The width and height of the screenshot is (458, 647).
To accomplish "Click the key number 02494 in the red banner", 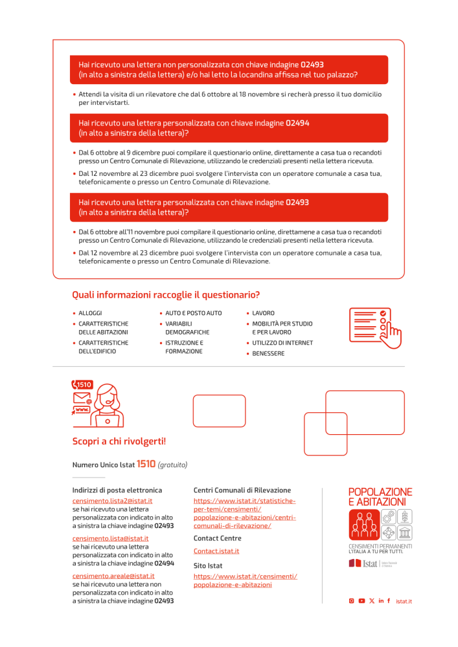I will click(297, 123).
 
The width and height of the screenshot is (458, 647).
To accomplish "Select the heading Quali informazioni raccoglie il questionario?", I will click(166, 295).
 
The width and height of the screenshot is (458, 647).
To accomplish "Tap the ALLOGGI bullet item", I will click(90, 313).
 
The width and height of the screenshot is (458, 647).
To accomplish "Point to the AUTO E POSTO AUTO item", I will click(193, 313).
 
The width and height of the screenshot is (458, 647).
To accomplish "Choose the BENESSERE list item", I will click(268, 354).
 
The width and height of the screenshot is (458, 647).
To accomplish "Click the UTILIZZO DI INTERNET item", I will click(282, 343).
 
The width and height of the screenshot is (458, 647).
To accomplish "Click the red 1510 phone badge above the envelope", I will click(83, 385).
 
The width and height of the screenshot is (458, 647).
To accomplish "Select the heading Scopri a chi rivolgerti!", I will click(119, 441).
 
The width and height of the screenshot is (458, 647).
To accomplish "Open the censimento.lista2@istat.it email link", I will click(112, 501).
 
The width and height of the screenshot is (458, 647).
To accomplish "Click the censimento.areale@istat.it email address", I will click(113, 576).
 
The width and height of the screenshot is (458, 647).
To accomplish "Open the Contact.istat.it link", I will click(216, 551).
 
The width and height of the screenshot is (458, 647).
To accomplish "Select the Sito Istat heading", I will click(208, 565).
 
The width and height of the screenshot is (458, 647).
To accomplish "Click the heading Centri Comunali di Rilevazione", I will click(242, 490).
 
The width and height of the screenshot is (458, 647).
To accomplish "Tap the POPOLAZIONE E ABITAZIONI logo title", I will click(380, 497).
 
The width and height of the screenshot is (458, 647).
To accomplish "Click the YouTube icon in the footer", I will click(361, 601).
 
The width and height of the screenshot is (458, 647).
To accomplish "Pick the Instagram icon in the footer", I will click(352, 601).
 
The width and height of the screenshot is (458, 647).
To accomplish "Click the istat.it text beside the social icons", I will click(404, 601).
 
